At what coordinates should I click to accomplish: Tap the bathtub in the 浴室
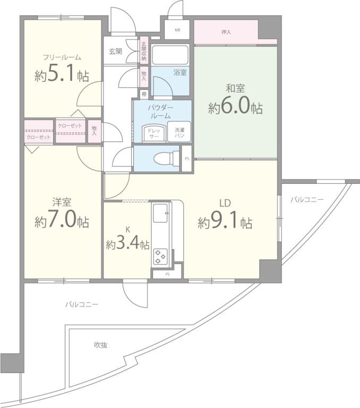pyautogui.click(x=170, y=55)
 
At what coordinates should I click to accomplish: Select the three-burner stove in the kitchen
pyautogui.click(x=160, y=256)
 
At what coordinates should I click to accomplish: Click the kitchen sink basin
pyautogui.click(x=160, y=213)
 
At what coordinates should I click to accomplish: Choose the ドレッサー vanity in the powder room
pyautogui.click(x=154, y=133)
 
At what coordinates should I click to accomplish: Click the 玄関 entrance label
pyautogui.click(x=116, y=51)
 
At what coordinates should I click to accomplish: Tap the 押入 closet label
pyautogui.click(x=226, y=32)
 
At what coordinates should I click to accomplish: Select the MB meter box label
pyautogui.click(x=177, y=30)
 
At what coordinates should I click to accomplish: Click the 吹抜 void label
pyautogui.click(x=101, y=345)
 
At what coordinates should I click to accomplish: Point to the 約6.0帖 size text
pyautogui.click(x=235, y=106)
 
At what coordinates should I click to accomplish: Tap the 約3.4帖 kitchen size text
pyautogui.click(x=127, y=243)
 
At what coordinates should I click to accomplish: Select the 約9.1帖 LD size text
pyautogui.click(x=225, y=222)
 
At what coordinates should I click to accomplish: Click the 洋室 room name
pyautogui.click(x=62, y=202)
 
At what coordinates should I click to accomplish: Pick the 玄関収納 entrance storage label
pyautogui.click(x=144, y=51)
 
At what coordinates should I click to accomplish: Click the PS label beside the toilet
pyautogui.click(x=187, y=158)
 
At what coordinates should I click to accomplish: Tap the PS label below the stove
pyautogui.click(x=167, y=274)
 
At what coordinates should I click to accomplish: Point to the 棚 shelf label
pyautogui.click(x=144, y=94)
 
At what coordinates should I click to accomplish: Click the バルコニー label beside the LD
pyautogui.click(x=307, y=200)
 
